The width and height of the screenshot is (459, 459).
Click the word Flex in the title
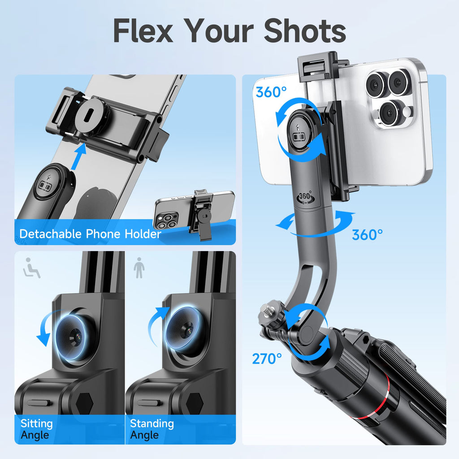[143, 30]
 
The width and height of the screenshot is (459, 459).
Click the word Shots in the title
[305, 30]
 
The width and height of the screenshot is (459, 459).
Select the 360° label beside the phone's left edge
[271, 92]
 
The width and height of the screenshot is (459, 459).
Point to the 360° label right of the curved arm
[367, 235]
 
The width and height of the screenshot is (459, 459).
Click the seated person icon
[32, 268]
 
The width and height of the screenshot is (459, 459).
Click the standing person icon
[139, 268]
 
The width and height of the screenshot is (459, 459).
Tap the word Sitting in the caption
[37, 424]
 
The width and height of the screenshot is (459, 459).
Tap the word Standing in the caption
[152, 424]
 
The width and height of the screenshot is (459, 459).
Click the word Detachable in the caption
[50, 234]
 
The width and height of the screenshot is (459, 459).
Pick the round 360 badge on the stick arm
[305, 197]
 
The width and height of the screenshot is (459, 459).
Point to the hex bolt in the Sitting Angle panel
[85, 403]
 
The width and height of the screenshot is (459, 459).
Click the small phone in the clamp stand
[195, 210]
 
